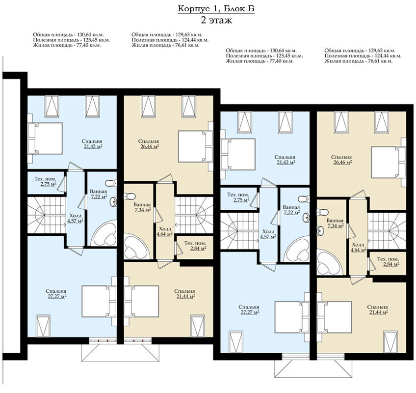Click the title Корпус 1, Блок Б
coord(216,8)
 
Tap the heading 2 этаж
coord(216,20)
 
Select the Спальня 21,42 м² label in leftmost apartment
coord(92,144)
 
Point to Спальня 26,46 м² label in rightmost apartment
coord(342,160)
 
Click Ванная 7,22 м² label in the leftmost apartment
coord(99,194)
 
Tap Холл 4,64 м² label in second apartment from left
coord(165,231)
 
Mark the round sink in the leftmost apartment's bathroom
coord(114,201)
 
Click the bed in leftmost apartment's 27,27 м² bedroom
coord(99,301)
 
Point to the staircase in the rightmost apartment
coord(387,231)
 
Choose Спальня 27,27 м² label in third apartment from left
coord(249,309)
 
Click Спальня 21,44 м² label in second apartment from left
coord(185,294)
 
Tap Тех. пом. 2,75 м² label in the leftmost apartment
coord(45,181)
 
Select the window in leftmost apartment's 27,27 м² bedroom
coord(43,326)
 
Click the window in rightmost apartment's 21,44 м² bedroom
coord(391,342)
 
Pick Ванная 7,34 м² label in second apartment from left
coord(142,207)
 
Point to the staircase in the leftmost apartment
coord(47,215)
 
